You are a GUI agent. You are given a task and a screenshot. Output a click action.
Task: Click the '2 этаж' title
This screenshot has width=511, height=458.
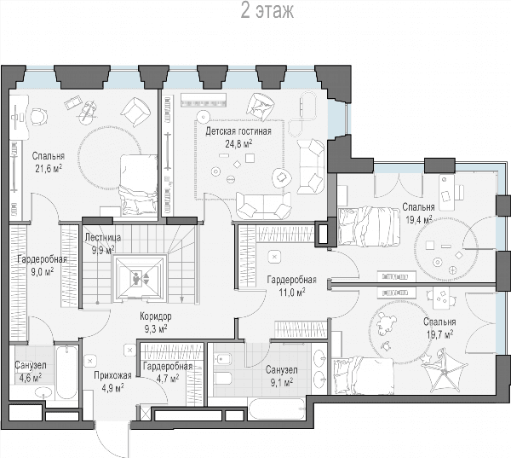(267, 11)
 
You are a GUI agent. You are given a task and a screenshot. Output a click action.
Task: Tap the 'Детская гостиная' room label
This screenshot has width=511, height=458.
(238, 131)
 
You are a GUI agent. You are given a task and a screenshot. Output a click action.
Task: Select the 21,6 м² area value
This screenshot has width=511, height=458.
(49, 168)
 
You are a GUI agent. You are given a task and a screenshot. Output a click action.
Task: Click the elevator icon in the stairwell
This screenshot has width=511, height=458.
(140, 278)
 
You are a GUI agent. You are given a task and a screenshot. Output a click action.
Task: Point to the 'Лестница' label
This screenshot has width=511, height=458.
(103, 237)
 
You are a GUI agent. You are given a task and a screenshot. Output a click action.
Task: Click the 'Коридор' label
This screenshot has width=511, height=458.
(156, 316)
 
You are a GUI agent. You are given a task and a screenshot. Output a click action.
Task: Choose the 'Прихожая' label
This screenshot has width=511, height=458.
(112, 376)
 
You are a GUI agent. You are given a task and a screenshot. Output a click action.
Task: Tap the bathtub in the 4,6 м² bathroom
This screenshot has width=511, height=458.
(66, 372)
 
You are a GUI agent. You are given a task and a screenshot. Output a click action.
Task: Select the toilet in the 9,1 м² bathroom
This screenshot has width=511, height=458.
(222, 379)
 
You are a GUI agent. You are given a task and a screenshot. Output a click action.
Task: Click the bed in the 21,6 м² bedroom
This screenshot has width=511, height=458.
(139, 185)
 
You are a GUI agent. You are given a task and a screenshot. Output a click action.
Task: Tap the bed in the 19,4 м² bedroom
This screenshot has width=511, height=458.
(369, 226)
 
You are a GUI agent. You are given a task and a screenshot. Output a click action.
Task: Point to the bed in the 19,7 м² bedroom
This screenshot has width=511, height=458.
(363, 375)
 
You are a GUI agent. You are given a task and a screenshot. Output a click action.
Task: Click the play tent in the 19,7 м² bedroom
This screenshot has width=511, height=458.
(445, 370)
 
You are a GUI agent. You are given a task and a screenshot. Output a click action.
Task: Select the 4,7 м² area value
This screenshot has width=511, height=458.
(168, 379)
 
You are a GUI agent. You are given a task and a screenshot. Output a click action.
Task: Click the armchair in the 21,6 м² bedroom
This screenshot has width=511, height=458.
(135, 112)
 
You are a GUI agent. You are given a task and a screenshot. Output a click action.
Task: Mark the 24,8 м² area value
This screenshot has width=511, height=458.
(238, 143)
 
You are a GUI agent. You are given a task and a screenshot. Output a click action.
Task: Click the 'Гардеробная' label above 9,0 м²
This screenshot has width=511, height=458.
(42, 259)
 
